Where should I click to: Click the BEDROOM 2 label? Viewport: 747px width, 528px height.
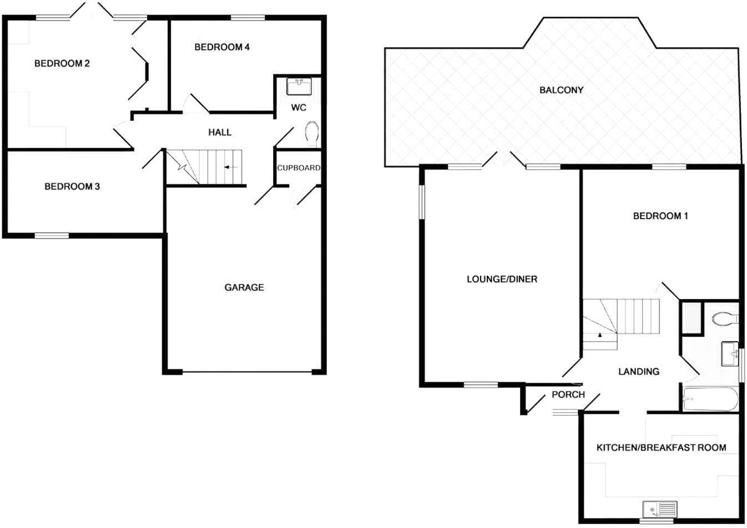[x=62, y=64]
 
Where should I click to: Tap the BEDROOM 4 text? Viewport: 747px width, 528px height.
[x=221, y=47]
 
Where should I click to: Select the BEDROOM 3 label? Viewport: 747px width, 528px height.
[x=72, y=186]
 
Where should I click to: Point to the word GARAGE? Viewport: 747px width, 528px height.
[x=244, y=287]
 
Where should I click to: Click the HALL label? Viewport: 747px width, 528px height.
[x=220, y=132]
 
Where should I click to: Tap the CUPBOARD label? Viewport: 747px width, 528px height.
[x=299, y=167]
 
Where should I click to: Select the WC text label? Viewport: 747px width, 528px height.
[x=299, y=108]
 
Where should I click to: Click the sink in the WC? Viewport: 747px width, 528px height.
[x=299, y=87]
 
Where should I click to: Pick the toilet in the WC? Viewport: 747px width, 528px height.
[x=312, y=134]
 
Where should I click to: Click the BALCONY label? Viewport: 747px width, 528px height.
[x=561, y=90]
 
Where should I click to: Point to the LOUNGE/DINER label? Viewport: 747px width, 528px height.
[x=502, y=279]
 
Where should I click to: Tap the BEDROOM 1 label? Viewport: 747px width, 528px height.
[x=660, y=216]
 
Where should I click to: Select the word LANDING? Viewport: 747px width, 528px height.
[x=639, y=372]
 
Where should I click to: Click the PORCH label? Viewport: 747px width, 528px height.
[x=568, y=394]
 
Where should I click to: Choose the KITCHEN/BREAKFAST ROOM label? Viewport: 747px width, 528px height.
[x=661, y=448]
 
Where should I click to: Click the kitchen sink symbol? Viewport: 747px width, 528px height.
[x=660, y=509]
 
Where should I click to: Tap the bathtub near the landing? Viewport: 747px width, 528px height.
[x=711, y=399]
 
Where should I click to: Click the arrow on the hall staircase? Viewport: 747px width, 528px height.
[x=230, y=166]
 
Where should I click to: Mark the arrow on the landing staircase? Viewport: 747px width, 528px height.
[x=599, y=335]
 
